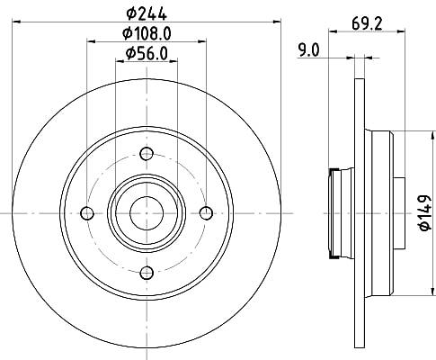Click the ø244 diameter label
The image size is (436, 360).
click(x=147, y=13)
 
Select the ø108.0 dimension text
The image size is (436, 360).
click(x=147, y=33)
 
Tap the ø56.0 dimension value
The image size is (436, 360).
click(x=147, y=53)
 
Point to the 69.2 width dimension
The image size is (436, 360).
click(x=367, y=23)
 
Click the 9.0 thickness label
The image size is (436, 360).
click(x=309, y=50)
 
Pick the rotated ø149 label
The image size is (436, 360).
click(x=425, y=212)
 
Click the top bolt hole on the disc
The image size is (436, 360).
click(x=147, y=154)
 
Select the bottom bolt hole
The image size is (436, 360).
click(x=147, y=273)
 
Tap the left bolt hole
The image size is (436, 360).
click(x=87, y=213)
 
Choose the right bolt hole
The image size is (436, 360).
click(x=206, y=213)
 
